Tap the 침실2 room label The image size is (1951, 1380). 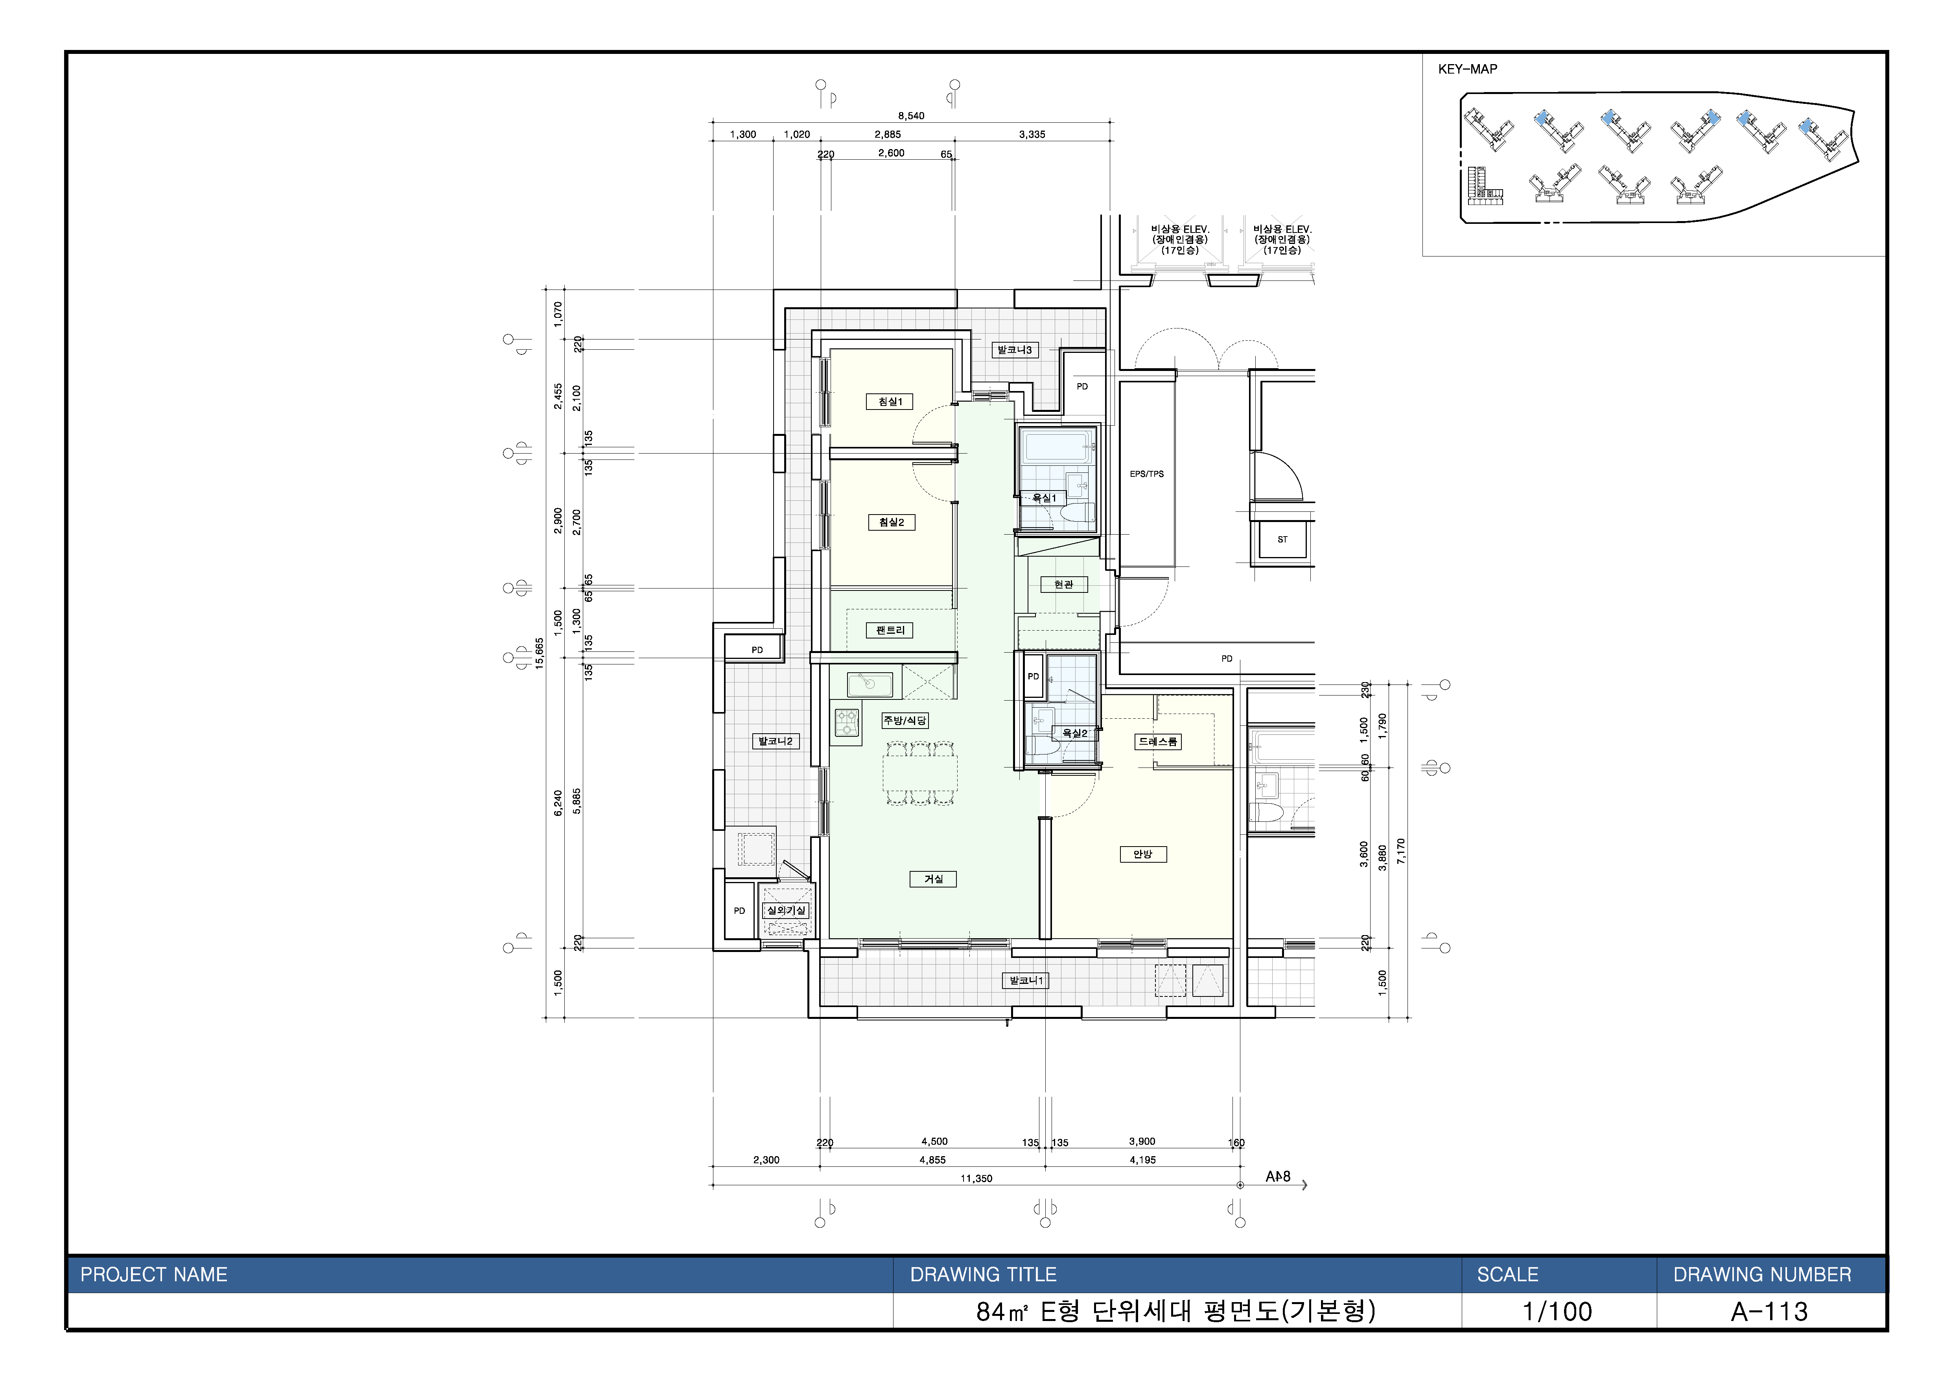(892, 522)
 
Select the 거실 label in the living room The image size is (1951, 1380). (933, 879)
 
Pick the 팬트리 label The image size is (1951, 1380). (890, 630)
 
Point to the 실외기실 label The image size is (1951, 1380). (785, 910)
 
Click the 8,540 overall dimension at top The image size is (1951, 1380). (911, 116)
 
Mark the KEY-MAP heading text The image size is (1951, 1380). (1468, 69)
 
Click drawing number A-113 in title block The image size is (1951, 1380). (1770, 1311)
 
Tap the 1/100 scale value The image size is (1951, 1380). (1558, 1311)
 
